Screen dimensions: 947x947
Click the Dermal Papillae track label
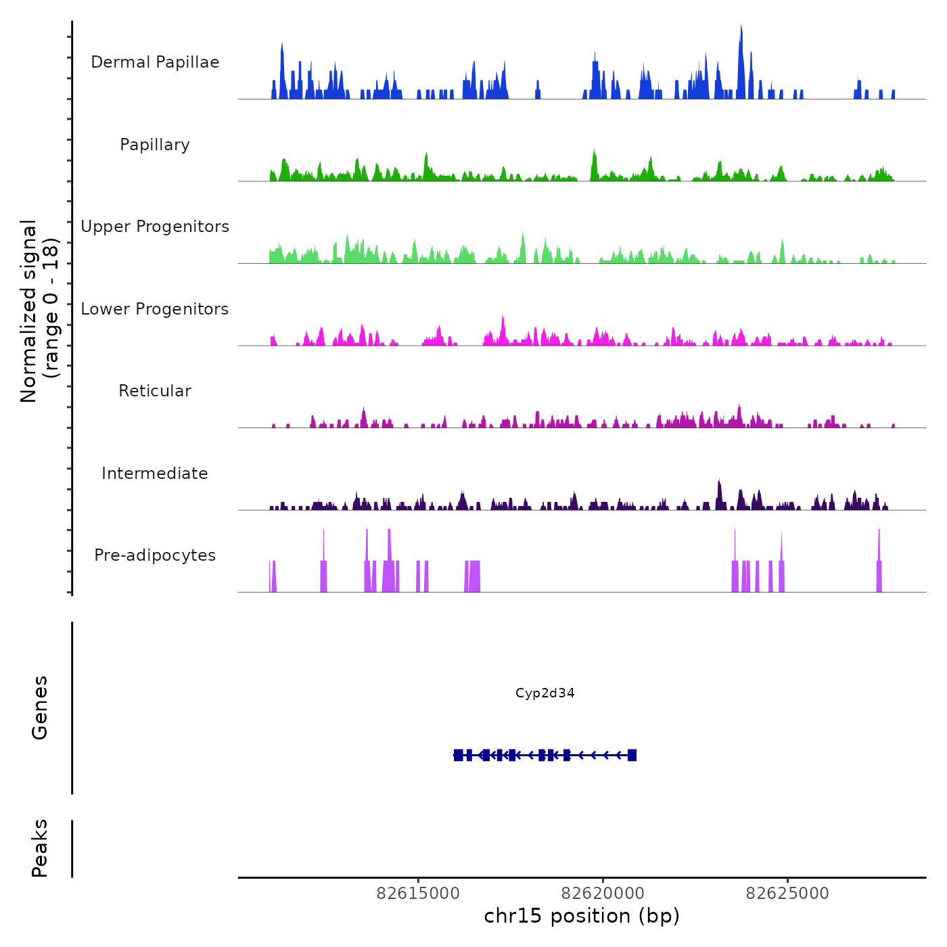pos(155,62)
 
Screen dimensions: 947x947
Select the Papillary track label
pos(155,145)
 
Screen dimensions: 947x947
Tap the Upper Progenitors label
pos(155,227)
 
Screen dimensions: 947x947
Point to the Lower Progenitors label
pos(155,309)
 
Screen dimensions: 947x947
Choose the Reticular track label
pos(155,391)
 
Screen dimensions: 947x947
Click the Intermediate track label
pos(155,473)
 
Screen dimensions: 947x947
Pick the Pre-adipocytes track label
pos(155,555)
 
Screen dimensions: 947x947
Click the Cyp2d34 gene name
pos(545,693)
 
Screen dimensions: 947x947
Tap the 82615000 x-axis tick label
pos(418,894)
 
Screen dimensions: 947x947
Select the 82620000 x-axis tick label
pos(603,894)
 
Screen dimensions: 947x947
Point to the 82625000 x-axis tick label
pos(787,894)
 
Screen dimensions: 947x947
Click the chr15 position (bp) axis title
pos(582,916)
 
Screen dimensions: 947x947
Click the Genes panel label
pos(40,708)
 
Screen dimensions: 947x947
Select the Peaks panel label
pos(40,848)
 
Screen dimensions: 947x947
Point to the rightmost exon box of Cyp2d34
pos(632,755)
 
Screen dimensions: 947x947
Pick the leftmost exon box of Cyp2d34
pos(459,755)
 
